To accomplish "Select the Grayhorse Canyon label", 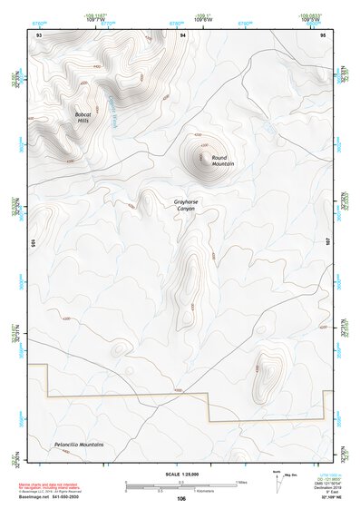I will [184, 205].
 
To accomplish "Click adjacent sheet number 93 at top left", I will [38, 34].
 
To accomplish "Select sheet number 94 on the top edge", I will [183, 34].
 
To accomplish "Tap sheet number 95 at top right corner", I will [324, 34].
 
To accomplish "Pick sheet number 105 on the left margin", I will [32, 244].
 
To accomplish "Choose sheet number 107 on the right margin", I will [329, 244].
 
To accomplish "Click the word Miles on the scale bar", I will [242, 482].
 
